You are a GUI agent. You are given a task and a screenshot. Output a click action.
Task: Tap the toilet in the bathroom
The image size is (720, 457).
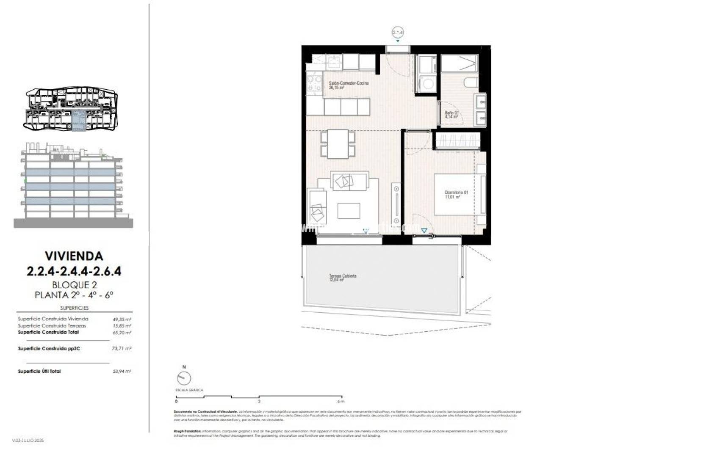pos(470,83)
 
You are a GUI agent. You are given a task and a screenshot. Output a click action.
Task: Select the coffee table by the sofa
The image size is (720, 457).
pos(349,210)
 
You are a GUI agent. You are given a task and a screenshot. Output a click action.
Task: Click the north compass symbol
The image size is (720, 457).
pos(184,377)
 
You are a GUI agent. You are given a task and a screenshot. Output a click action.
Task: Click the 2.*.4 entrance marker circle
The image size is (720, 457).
pos(398,32)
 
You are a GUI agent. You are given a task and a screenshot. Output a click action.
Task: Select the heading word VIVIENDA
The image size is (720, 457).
pos(74,256)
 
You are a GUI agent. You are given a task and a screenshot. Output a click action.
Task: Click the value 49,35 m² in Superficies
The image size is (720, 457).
pos(122,319)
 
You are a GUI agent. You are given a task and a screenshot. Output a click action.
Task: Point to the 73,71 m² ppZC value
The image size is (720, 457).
pos(122,349)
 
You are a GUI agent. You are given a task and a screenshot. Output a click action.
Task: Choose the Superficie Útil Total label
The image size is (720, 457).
pos(39,371)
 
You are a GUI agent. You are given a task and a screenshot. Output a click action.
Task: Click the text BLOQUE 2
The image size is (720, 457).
pos(74,285)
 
